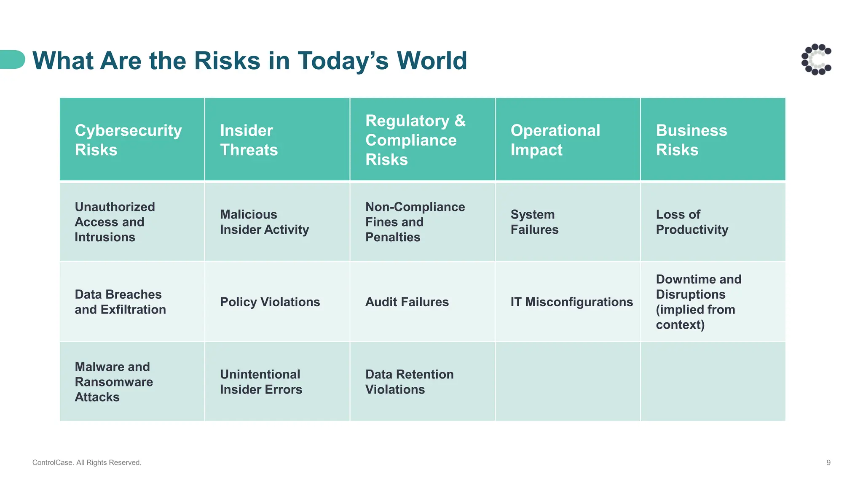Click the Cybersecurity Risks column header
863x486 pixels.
coord(128,140)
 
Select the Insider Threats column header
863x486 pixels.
coord(249,140)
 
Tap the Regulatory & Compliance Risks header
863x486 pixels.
coord(415,140)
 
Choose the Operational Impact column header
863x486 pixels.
coord(555,140)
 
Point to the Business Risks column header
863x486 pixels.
coord(691,140)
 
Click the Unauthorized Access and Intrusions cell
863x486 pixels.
coord(115,222)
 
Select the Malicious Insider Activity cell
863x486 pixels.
coord(264,222)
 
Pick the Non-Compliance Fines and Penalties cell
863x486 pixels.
coord(415,222)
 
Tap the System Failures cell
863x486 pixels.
coord(534,222)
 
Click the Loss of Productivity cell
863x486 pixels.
coord(692,222)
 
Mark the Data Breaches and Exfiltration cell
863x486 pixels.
coord(120,302)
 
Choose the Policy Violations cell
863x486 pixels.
coord(270,302)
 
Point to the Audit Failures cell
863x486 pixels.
coord(407,302)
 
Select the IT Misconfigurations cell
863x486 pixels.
coord(571,302)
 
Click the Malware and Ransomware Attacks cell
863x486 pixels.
coord(114,382)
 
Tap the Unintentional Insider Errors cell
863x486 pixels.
coord(261,382)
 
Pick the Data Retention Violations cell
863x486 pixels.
coord(409,382)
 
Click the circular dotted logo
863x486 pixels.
coord(816,59)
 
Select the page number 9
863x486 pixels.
coord(828,462)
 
